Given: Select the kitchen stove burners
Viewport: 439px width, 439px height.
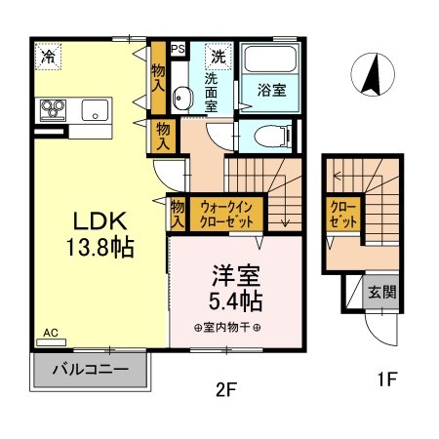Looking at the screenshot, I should [x=51, y=108].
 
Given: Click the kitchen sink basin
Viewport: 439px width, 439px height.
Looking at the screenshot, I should [x=95, y=108].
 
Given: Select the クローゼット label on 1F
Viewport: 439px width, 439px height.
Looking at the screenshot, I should [x=342, y=215].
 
